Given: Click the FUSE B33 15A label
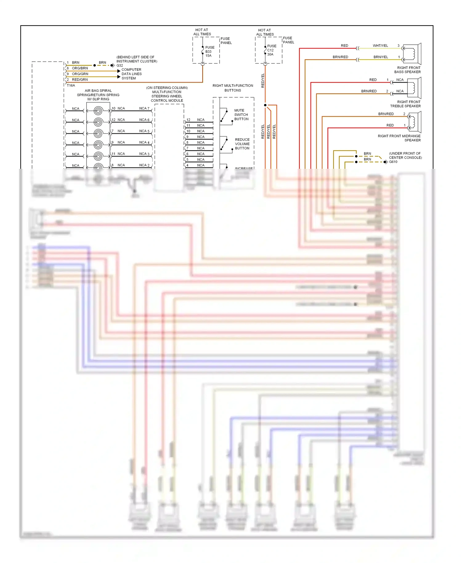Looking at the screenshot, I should coord(209,51).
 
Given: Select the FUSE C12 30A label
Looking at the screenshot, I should coord(271,50).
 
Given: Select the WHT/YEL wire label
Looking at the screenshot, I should coord(380,46).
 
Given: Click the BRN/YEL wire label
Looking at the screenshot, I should coord(381,57).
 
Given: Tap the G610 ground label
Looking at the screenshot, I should coord(393,162).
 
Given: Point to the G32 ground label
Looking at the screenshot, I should coord(120,66).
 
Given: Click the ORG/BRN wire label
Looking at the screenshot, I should coord(80,68).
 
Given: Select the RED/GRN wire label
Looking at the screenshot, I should coord(80,79).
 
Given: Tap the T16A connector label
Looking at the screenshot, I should coord(71,85).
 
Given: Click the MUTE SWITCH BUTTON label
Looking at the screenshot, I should coord(241,115).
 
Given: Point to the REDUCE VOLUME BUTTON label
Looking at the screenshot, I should coord(242,144).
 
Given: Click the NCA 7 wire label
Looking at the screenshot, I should coord(144,108).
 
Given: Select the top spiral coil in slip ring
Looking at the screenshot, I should coord(98,111).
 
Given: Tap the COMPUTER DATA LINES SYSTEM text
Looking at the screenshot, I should coord(132,74).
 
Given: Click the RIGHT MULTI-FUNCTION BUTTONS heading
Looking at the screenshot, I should coord(233,88).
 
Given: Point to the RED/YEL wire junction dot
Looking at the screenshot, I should coord(265,105).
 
